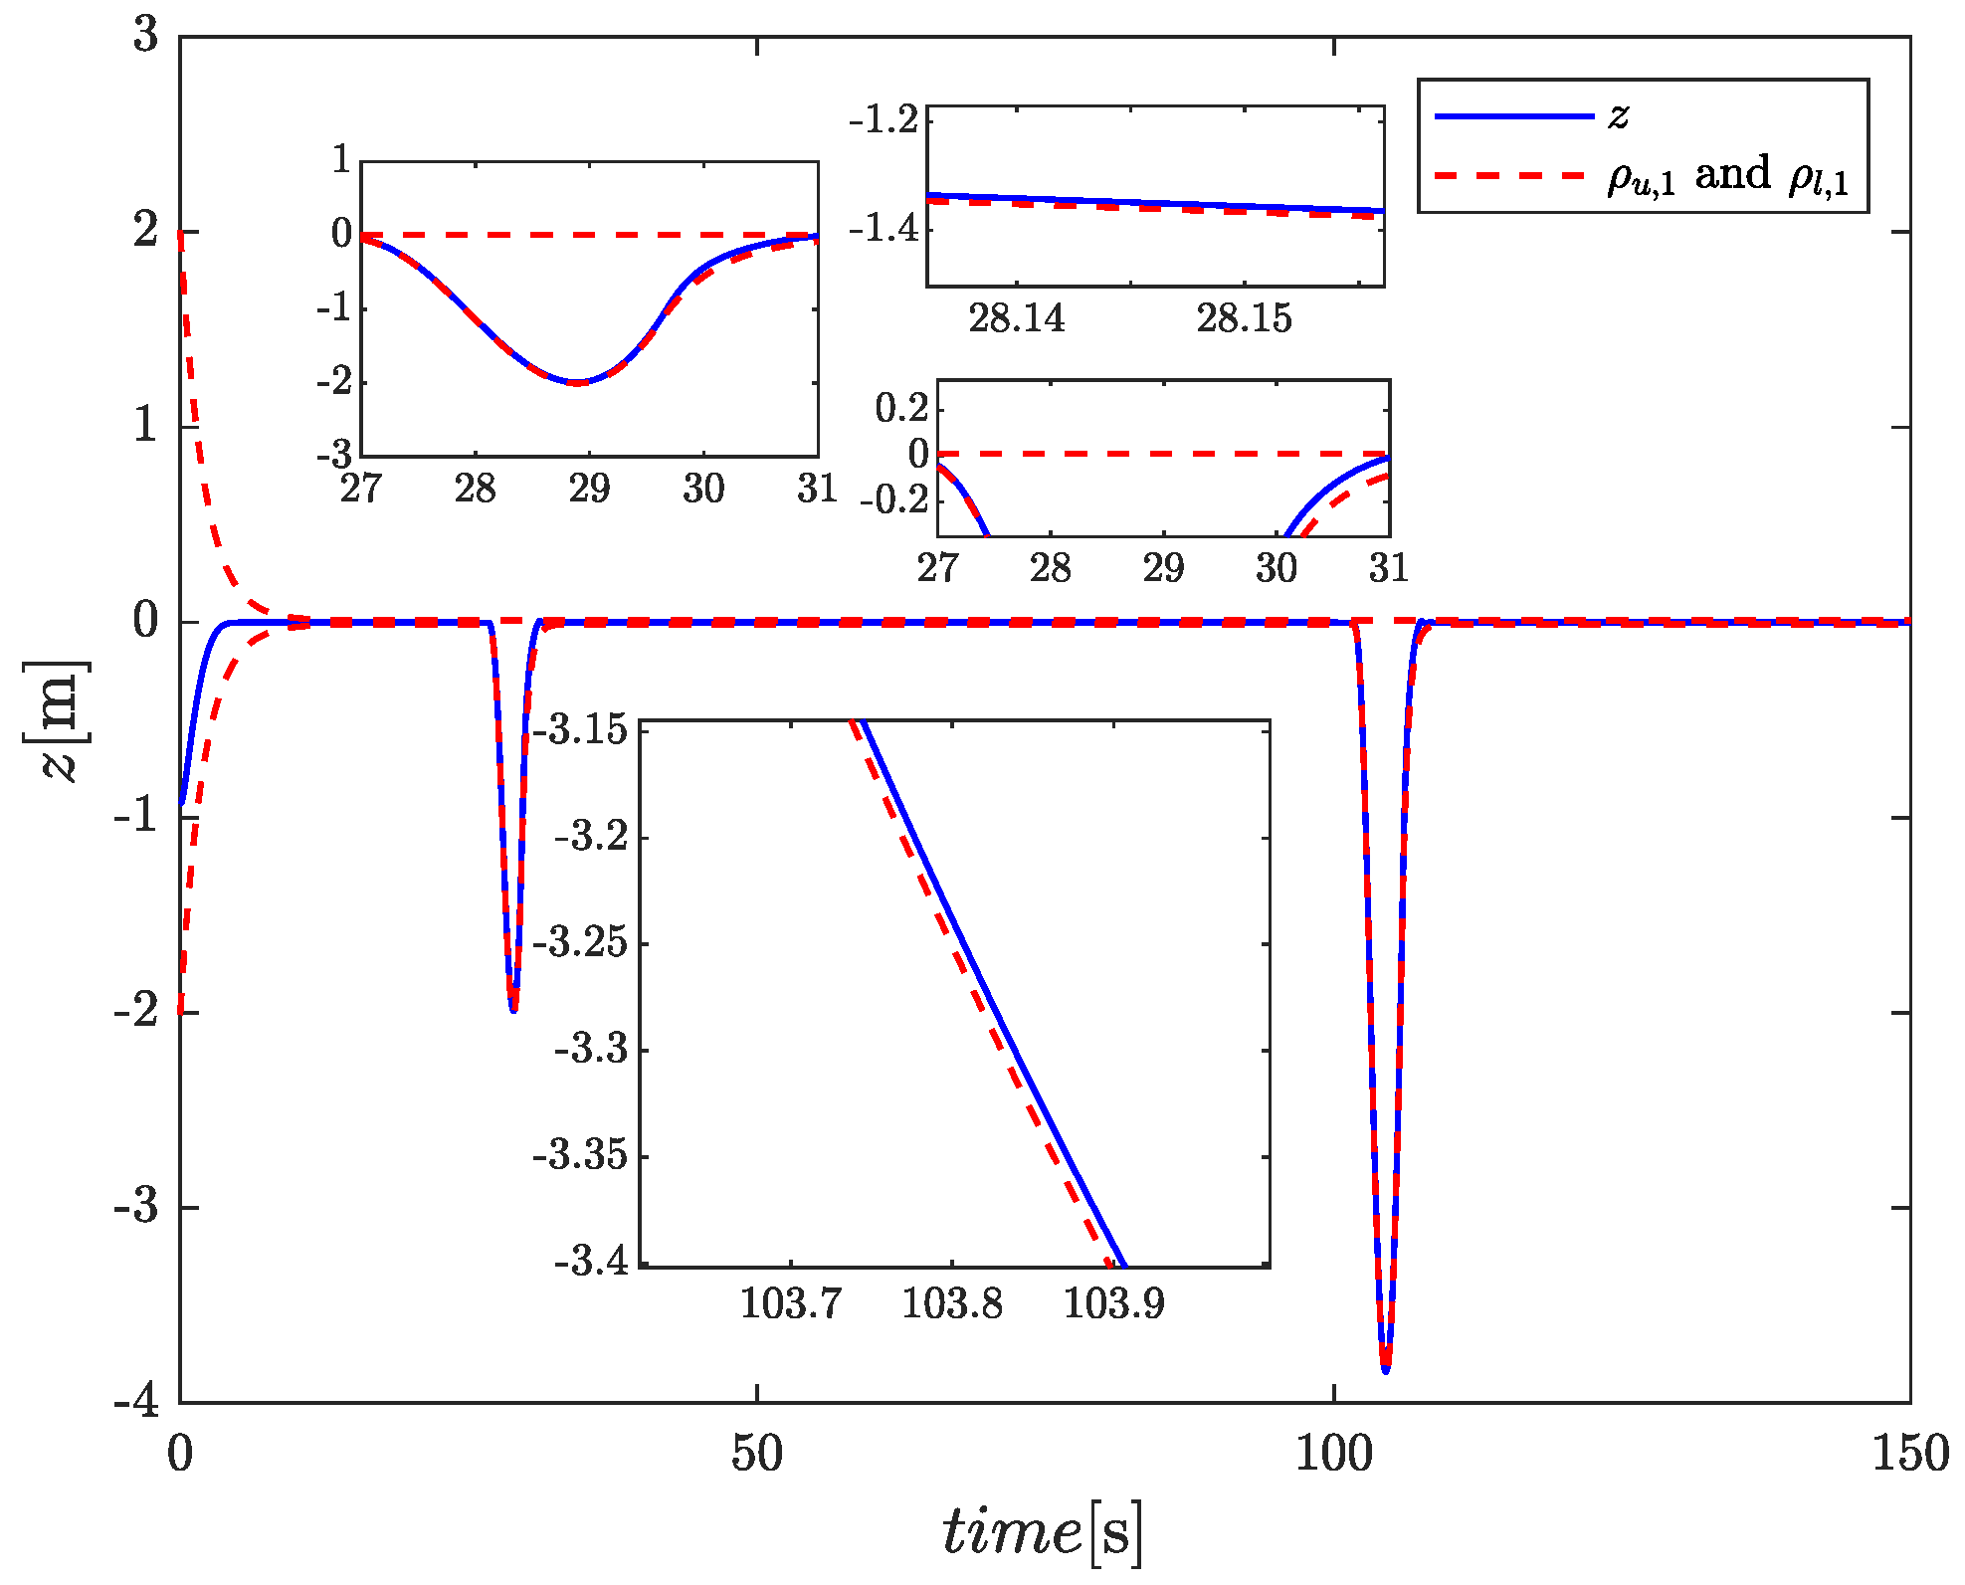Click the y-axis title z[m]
[56, 719]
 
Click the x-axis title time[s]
[1043, 1530]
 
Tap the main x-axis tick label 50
[756, 1455]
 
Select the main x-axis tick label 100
[1333, 1455]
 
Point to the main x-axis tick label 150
[1909, 1455]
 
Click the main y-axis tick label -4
[136, 1401]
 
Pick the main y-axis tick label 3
[146, 36]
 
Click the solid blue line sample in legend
[1513, 116]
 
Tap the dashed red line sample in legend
[1513, 176]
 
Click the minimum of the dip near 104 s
[1386, 1370]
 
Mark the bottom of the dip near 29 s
[513, 1010]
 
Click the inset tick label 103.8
[951, 1303]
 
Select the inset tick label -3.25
[582, 941]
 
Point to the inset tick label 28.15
[1244, 318]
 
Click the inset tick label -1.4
[884, 228]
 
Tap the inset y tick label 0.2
[901, 407]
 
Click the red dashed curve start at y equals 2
[181, 235]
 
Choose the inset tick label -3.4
[591, 1262]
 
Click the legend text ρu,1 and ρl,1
[1727, 176]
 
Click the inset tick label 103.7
[791, 1303]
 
